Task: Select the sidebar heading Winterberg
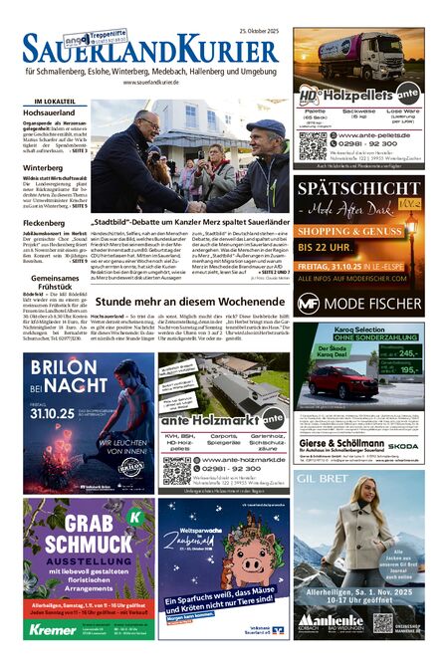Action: [41, 167]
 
